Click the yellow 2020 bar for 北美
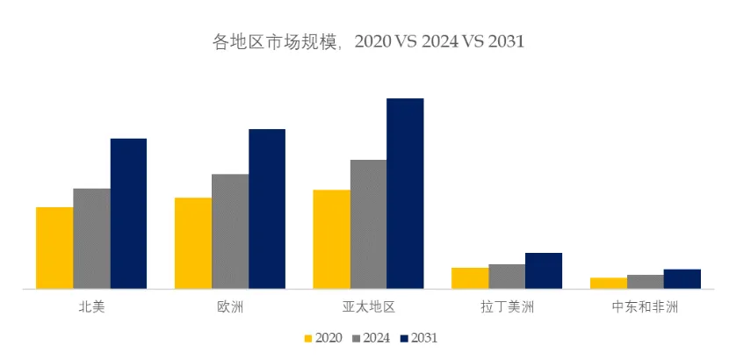click(54, 248)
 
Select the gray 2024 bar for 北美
click(92, 239)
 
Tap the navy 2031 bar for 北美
click(128, 213)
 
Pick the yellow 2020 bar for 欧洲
click(193, 243)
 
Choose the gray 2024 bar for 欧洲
click(230, 231)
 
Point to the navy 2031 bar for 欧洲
click(267, 209)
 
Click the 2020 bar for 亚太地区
click(331, 240)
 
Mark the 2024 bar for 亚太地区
click(368, 224)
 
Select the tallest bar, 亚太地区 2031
click(405, 193)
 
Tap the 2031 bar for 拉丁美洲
click(544, 270)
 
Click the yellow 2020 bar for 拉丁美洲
click(470, 278)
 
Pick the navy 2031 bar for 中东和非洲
click(682, 279)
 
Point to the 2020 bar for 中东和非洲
click(609, 283)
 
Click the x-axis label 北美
click(91, 306)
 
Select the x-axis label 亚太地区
click(368, 306)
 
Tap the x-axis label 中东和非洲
click(645, 306)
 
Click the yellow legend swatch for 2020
click(308, 338)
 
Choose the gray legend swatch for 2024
click(356, 338)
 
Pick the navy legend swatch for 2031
click(404, 338)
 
